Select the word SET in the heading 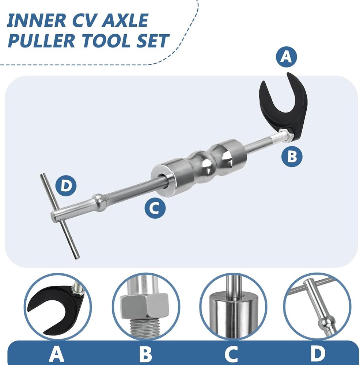point(151,41)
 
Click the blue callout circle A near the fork point(286,57)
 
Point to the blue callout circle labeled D point(66,186)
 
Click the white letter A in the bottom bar point(56,353)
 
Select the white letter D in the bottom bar point(318,353)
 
